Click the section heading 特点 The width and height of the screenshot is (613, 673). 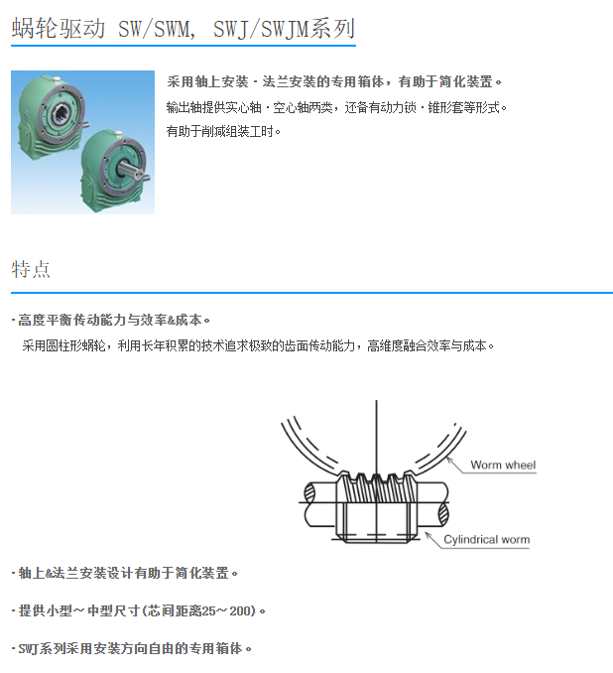click(x=31, y=269)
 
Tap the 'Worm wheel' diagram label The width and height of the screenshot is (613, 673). click(x=502, y=465)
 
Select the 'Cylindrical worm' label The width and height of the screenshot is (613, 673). click(x=486, y=540)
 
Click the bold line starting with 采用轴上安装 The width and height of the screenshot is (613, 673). click(x=335, y=81)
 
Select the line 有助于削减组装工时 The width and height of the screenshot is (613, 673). click(x=224, y=130)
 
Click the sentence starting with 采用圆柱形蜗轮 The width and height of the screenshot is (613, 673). click(x=258, y=346)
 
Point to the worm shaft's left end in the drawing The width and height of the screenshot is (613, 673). click(x=315, y=504)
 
